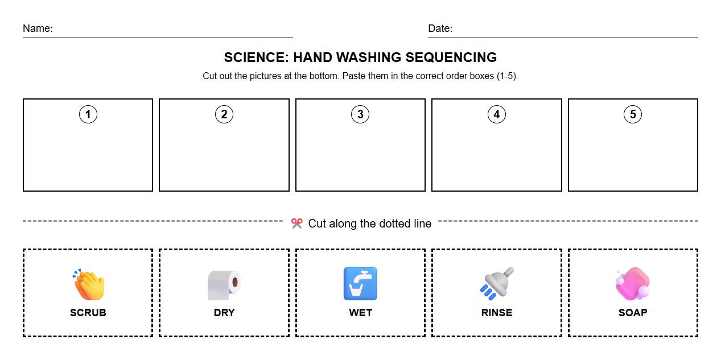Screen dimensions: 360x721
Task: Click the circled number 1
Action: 88,114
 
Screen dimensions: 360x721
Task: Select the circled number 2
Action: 224,114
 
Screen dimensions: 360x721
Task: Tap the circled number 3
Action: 360,114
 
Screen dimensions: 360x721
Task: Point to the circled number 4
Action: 496,114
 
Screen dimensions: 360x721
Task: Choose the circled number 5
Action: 633,114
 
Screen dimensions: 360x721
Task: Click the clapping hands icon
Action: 88,284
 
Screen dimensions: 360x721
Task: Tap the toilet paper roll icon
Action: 224,284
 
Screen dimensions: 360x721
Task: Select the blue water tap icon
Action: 360,284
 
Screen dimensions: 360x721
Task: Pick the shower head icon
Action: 496,283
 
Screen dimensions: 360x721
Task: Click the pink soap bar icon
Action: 632,284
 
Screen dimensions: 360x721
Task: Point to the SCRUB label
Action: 88,313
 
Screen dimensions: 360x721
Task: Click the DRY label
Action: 224,313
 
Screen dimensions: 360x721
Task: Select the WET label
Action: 360,313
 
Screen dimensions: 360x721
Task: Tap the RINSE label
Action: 496,313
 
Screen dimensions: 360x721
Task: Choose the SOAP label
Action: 633,313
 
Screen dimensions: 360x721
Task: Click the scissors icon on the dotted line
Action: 296,224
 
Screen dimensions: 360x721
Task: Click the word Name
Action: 37,28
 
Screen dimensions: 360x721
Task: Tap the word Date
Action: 439,28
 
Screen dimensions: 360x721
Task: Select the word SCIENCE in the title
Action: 256,57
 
